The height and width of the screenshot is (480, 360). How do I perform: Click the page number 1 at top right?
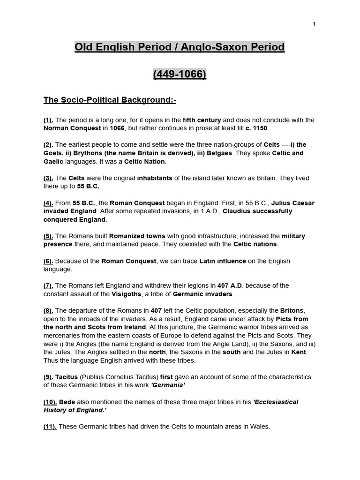314,24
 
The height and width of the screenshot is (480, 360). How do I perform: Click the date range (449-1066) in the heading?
180,74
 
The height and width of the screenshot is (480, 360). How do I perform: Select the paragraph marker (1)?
48,120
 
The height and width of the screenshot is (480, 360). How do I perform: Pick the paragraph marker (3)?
48,178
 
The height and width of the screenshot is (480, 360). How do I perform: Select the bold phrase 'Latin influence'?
223,261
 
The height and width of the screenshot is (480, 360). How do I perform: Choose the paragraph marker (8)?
48,310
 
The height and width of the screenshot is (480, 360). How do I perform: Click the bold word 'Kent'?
299,352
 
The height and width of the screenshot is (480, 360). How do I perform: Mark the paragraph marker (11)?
50,427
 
